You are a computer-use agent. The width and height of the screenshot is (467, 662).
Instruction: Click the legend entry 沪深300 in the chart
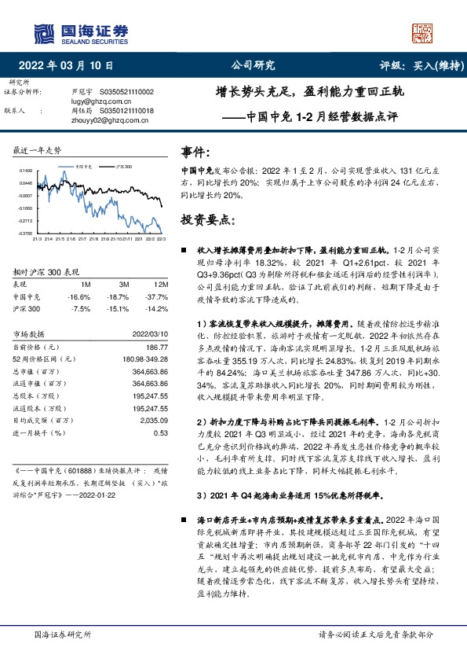122,167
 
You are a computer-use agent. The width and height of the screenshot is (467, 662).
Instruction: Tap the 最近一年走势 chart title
38,149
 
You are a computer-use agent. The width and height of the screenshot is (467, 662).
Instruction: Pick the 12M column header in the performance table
160,285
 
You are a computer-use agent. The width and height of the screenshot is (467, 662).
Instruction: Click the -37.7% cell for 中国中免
158,297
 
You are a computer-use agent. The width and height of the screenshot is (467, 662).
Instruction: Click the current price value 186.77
157,347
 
